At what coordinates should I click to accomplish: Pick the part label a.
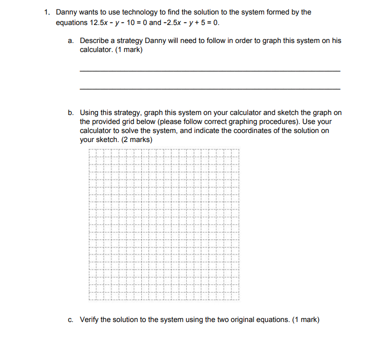(70, 40)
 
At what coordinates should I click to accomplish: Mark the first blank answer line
(210, 71)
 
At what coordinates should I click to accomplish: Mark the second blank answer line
(210, 89)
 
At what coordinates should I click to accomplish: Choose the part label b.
(70, 112)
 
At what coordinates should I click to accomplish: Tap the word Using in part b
(90, 112)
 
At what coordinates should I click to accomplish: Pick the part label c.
(70, 319)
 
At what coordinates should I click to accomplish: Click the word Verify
(90, 319)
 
